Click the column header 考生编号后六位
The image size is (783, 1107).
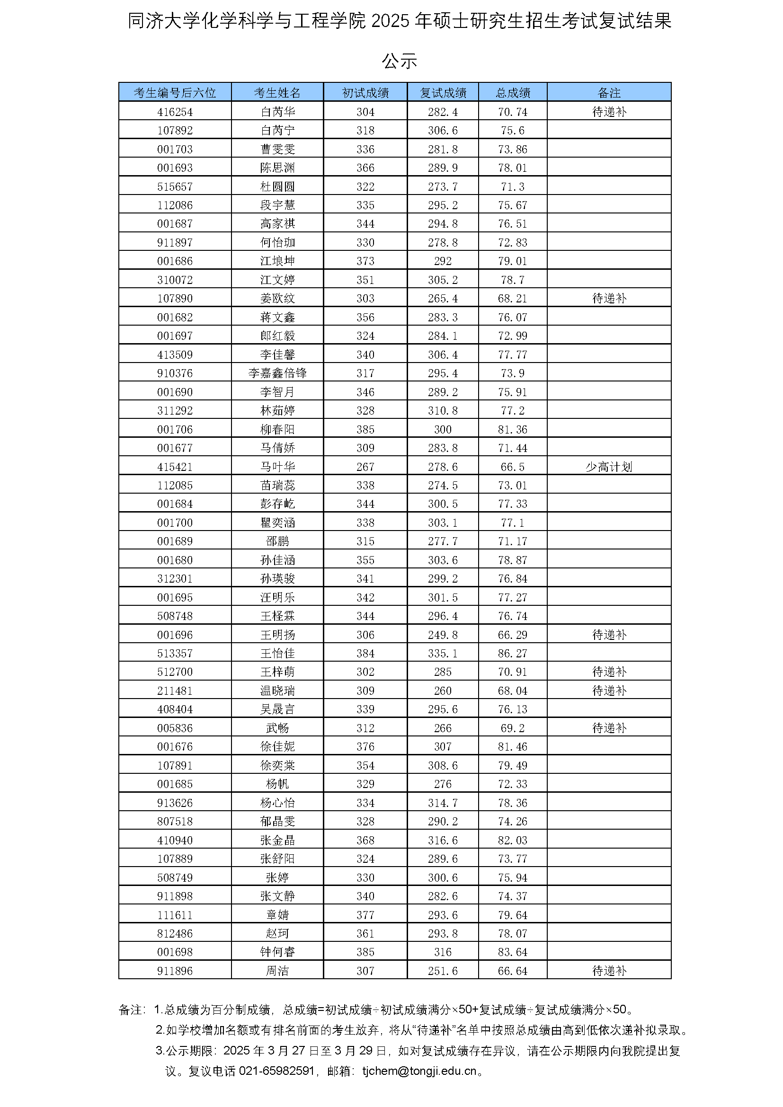(x=175, y=93)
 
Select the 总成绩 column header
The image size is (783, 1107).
(x=513, y=93)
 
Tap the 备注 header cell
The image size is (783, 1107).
(x=609, y=93)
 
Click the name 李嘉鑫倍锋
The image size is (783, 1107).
(x=277, y=373)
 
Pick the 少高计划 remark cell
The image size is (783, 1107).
(x=609, y=467)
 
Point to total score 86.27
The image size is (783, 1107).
(x=513, y=653)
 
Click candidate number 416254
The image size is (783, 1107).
(x=175, y=112)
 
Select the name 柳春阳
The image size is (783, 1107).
(x=277, y=429)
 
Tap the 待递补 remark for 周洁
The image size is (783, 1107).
(x=609, y=971)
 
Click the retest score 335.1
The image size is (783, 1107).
(x=443, y=653)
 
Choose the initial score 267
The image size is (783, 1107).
(x=365, y=467)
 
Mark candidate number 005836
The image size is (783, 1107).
(x=175, y=728)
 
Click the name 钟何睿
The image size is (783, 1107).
(x=277, y=952)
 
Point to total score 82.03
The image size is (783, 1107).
(x=513, y=840)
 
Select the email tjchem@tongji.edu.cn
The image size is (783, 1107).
(x=419, y=1071)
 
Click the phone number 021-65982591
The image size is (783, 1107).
(x=276, y=1071)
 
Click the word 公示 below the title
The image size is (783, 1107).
(x=399, y=61)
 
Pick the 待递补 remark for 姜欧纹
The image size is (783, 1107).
(x=609, y=299)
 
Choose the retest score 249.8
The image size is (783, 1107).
(x=443, y=635)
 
